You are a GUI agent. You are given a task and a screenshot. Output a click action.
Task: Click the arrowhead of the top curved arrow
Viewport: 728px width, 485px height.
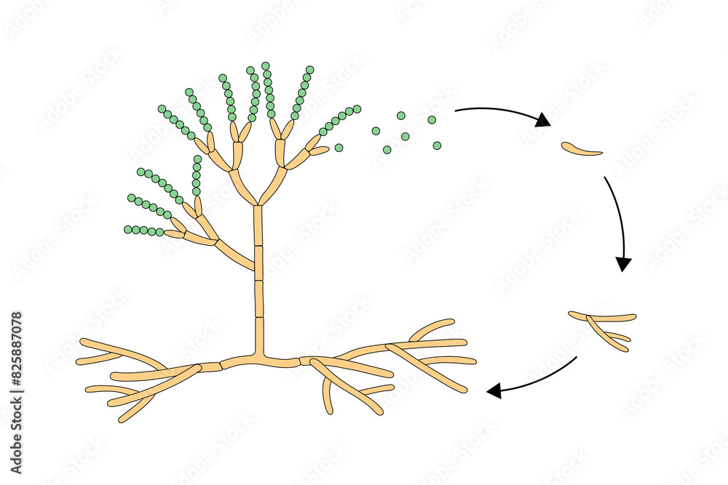tap(542, 120)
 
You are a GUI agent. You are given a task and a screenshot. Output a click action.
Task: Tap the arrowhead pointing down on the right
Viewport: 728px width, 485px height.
tap(622, 264)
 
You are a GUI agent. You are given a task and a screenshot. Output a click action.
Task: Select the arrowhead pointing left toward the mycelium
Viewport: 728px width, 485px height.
tap(494, 392)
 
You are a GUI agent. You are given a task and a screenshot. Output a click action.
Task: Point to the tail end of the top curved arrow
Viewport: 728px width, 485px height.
tap(456, 111)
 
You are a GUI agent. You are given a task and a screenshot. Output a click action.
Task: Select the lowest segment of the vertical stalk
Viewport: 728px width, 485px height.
tap(259, 334)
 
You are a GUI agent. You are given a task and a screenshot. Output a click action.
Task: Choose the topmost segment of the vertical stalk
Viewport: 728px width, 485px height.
tap(257, 225)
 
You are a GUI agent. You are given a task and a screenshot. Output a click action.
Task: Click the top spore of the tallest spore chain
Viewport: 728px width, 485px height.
tap(266, 65)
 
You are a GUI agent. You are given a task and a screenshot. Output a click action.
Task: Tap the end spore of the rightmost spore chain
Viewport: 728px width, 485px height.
tap(357, 108)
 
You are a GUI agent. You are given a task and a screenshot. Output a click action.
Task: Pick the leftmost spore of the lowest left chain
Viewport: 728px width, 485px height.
tap(128, 230)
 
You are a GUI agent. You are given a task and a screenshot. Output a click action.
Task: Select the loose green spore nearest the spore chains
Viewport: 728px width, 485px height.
tap(339, 148)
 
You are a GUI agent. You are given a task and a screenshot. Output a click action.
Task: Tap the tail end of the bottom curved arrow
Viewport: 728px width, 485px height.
tap(577, 357)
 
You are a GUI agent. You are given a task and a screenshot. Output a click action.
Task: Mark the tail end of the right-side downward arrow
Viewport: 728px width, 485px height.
tap(605, 178)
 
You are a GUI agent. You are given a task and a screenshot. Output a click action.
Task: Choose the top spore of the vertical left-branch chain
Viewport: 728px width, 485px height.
tap(197, 159)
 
